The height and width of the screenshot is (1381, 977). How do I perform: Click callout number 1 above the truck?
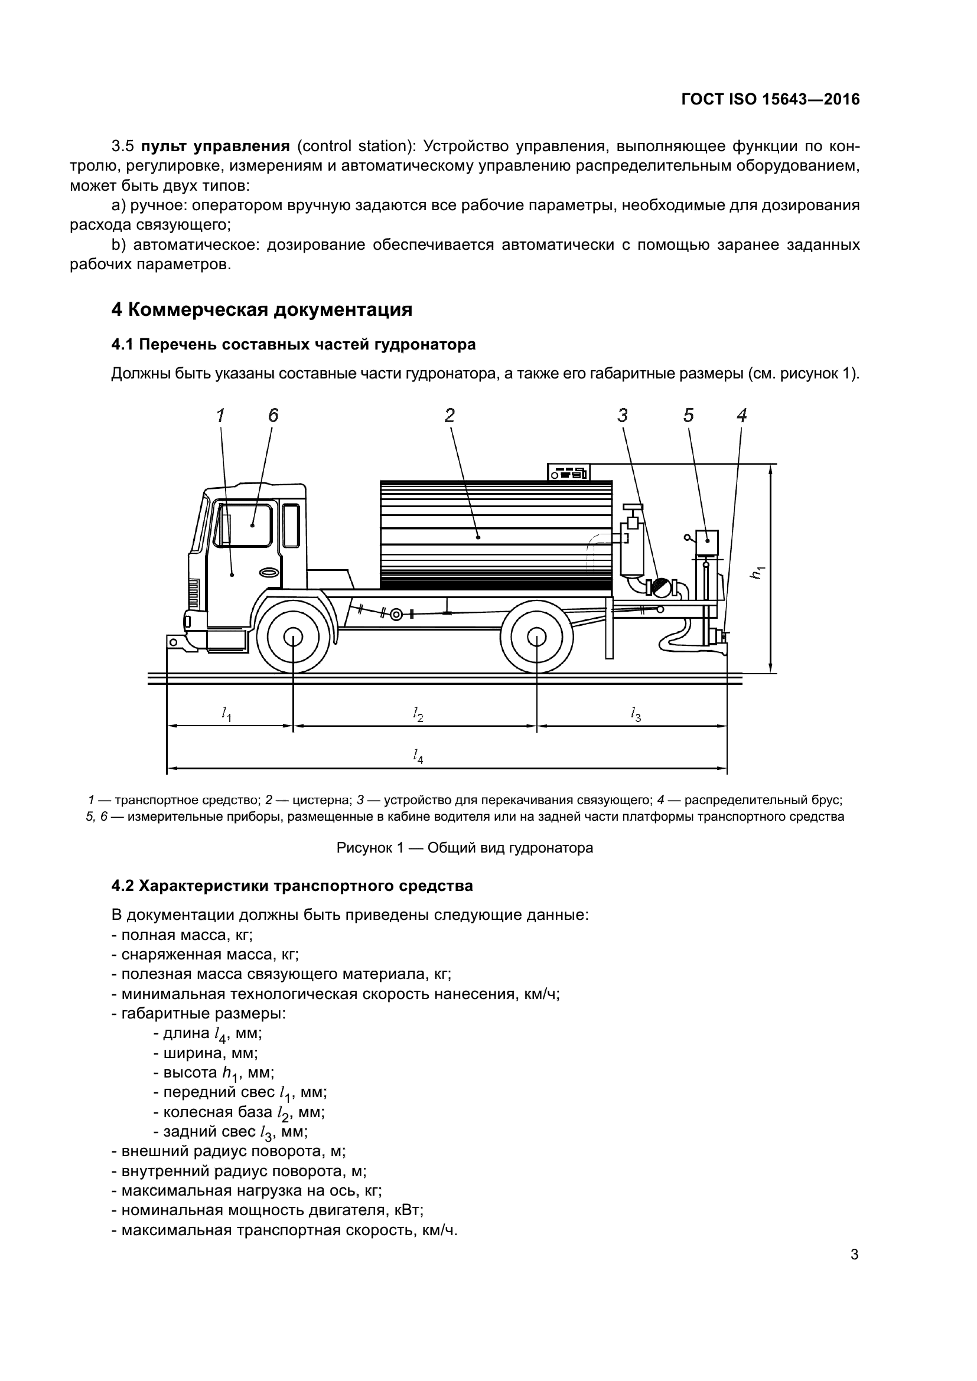pos(221,415)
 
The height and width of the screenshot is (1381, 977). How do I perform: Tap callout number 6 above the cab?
pos(273,415)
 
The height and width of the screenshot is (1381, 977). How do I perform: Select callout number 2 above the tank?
pos(450,415)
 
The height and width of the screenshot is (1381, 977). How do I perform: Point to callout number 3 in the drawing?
pos(623,415)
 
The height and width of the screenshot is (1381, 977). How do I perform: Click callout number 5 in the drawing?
pos(689,415)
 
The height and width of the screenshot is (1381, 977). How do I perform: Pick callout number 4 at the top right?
pos(742,415)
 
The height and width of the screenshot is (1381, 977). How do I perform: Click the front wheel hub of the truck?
pos(293,638)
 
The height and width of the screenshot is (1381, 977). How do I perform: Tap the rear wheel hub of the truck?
pos(536,638)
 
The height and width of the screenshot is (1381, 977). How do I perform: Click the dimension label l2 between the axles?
pos(418,714)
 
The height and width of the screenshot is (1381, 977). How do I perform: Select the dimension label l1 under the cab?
pos(226,714)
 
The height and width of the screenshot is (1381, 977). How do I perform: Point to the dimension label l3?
pos(636,714)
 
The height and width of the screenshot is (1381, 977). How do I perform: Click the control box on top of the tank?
pos(568,472)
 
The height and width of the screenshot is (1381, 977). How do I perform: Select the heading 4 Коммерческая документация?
pos(262,310)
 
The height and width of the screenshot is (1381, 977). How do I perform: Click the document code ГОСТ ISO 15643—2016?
pos(770,99)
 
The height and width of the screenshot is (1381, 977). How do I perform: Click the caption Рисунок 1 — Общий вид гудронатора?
pos(464,848)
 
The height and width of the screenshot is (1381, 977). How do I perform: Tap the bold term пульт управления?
pos(216,146)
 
